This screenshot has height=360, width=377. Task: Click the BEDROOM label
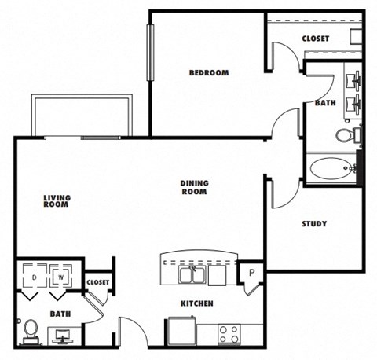[208, 73]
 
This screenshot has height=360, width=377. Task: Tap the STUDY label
[314, 224]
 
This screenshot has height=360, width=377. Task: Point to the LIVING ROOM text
[56, 201]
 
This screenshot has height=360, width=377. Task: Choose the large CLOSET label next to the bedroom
[315, 39]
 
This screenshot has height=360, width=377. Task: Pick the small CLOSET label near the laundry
[97, 282]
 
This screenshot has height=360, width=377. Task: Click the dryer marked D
[35, 277]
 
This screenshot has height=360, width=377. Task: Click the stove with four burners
[229, 333]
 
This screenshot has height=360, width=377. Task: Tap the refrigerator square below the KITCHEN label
[181, 330]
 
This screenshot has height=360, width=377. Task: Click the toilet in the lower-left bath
[31, 330]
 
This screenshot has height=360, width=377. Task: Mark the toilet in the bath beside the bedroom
[345, 135]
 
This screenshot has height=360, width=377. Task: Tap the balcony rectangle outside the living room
[82, 116]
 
